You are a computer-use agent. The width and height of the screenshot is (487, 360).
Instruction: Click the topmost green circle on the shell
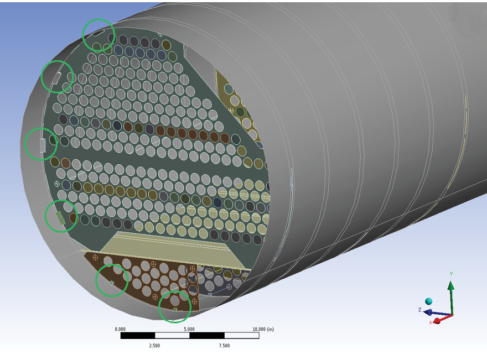pyautogui.click(x=99, y=34)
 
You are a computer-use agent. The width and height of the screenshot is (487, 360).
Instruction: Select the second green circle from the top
pyautogui.click(x=58, y=77)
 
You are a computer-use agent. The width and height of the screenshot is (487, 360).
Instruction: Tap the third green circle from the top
pyautogui.click(x=41, y=144)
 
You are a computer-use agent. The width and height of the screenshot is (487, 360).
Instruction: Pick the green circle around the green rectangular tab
pyautogui.click(x=61, y=216)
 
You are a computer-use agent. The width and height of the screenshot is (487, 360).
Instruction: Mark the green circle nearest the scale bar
pyautogui.click(x=175, y=306)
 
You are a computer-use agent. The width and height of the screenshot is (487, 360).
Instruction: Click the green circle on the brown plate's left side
pyautogui.click(x=112, y=280)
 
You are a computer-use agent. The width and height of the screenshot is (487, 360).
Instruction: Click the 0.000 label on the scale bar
pyautogui.click(x=120, y=329)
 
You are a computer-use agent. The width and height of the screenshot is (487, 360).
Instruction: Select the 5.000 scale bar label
pyautogui.click(x=189, y=329)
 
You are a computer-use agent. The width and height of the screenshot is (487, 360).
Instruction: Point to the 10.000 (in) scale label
pyautogui.click(x=263, y=329)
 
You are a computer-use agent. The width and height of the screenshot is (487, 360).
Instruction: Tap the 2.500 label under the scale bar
pyautogui.click(x=154, y=346)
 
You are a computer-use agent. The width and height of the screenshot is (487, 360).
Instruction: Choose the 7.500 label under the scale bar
pyautogui.click(x=224, y=346)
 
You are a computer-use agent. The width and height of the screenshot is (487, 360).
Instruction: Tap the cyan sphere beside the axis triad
pyautogui.click(x=429, y=301)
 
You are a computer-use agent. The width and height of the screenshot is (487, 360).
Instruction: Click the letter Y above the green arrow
pyautogui.click(x=451, y=274)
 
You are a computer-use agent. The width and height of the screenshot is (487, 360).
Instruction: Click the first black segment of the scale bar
pyautogui.click(x=137, y=336)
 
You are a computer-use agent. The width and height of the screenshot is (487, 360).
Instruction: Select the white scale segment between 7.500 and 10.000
pyautogui.click(x=241, y=336)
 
